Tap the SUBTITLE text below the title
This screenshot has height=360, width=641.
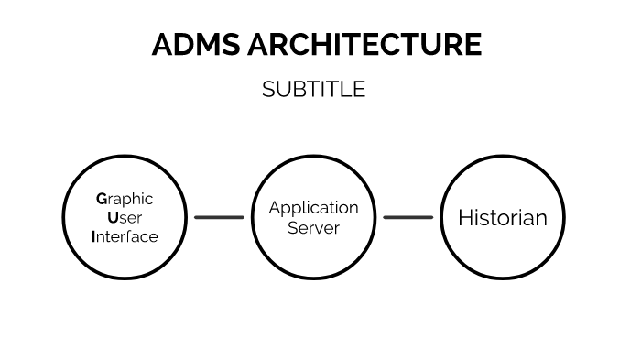pyautogui.click(x=313, y=89)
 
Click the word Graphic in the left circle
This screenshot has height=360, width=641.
pyautogui.click(x=125, y=199)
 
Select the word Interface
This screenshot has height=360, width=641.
pyautogui.click(x=125, y=236)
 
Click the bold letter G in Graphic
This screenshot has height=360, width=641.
pyautogui.click(x=101, y=199)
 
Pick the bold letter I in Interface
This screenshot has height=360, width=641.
pyautogui.click(x=93, y=236)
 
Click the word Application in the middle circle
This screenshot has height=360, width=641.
pyautogui.click(x=313, y=208)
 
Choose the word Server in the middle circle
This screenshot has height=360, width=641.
pyautogui.click(x=313, y=227)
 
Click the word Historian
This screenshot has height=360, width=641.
pyautogui.click(x=502, y=218)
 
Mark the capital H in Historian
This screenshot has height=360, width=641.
pyautogui.click(x=464, y=218)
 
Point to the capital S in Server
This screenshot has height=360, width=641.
pyautogui.click(x=293, y=227)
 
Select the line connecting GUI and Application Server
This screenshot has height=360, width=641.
pyautogui.click(x=219, y=217)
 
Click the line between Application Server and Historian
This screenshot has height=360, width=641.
pyautogui.click(x=407, y=217)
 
